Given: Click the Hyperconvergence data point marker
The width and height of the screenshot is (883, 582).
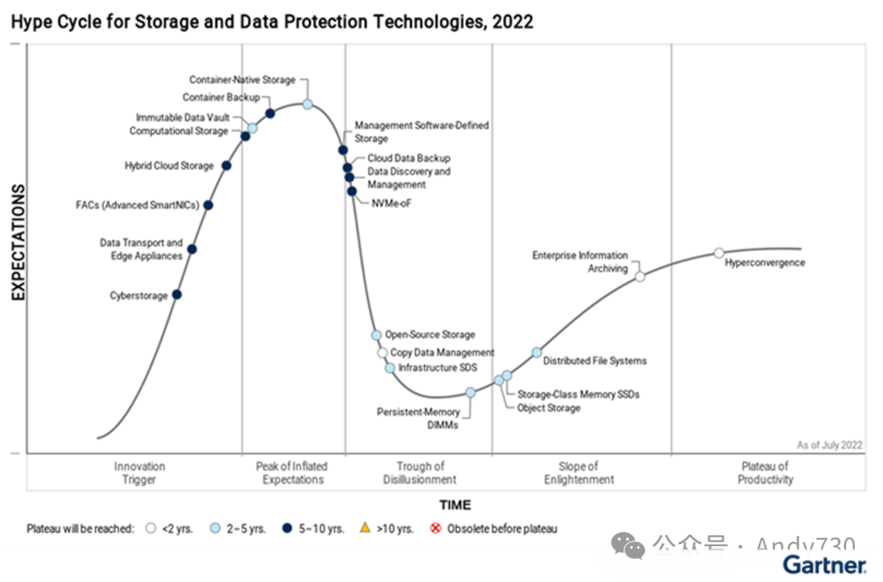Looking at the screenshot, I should pyautogui.click(x=719, y=253).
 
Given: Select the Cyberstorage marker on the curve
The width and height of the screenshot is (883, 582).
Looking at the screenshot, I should pyautogui.click(x=177, y=294).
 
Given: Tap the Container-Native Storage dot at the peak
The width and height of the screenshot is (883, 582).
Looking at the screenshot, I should pyautogui.click(x=307, y=104).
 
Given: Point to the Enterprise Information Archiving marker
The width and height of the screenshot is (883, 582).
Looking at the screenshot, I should pyautogui.click(x=640, y=276).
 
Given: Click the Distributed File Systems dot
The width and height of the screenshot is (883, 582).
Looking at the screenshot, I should pyautogui.click(x=537, y=352).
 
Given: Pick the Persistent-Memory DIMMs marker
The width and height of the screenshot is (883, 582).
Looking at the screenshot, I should pyautogui.click(x=471, y=392).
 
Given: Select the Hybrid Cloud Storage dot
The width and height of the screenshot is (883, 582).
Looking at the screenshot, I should pyautogui.click(x=226, y=166).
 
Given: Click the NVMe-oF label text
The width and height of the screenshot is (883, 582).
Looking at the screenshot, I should pyautogui.click(x=392, y=204).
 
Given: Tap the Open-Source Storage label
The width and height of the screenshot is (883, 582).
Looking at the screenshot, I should pyautogui.click(x=430, y=334).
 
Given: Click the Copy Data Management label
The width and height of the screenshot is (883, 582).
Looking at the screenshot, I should pyautogui.click(x=442, y=352).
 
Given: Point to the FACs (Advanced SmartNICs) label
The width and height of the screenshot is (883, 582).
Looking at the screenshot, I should pyautogui.click(x=137, y=205).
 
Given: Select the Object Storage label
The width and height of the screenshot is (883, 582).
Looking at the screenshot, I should pyautogui.click(x=549, y=408).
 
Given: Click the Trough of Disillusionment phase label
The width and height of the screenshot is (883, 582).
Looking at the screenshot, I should pyautogui.click(x=419, y=473).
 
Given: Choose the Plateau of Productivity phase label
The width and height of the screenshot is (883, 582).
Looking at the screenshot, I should pyautogui.click(x=765, y=473).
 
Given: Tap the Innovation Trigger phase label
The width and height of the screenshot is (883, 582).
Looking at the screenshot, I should pyautogui.click(x=139, y=473).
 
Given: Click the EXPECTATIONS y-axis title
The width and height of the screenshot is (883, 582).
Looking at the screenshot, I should pyautogui.click(x=18, y=243).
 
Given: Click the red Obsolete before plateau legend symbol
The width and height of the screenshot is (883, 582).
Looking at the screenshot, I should pyautogui.click(x=436, y=529).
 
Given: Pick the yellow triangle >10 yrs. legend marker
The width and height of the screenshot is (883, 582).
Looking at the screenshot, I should pyautogui.click(x=365, y=528).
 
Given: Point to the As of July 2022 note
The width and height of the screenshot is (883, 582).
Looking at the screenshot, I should pyautogui.click(x=829, y=445).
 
